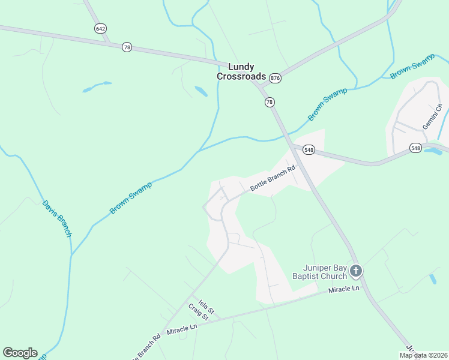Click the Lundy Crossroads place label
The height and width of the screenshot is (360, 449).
point(240,71)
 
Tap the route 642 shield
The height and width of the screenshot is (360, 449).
point(100,28)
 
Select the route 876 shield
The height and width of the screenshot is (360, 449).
point(275,78)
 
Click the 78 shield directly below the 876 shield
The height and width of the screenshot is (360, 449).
point(270,102)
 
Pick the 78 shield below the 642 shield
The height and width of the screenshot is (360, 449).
point(126,47)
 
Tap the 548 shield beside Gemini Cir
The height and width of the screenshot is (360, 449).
point(416,147)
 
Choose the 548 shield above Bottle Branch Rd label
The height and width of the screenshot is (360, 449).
point(309,150)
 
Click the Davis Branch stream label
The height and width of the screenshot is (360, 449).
point(57,218)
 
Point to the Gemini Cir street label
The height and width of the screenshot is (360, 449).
point(432,116)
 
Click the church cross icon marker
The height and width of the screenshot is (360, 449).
point(356,272)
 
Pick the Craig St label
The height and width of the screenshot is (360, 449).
point(198,312)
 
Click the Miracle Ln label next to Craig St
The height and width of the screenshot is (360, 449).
point(182,329)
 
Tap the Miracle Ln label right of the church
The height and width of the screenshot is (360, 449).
point(343,289)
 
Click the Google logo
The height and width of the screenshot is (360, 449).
point(20,353)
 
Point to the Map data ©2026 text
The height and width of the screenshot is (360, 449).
point(424,355)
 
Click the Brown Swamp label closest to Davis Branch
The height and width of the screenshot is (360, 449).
point(131,198)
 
